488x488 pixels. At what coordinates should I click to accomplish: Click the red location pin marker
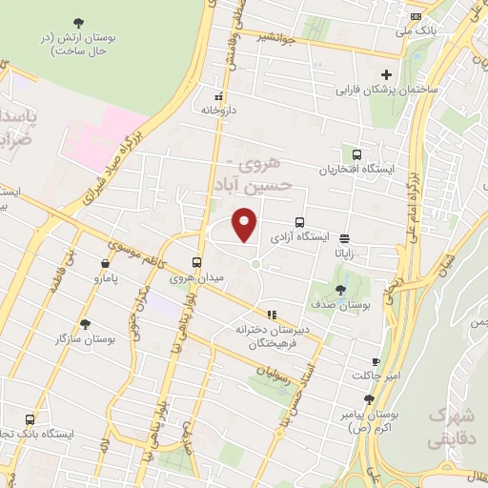(244, 224)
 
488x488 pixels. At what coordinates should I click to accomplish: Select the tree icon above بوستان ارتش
(77, 21)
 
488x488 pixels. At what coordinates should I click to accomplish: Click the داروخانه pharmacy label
(216, 110)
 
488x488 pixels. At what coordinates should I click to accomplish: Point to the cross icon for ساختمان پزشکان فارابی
(386, 75)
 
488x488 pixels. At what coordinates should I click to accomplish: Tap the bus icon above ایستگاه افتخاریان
(356, 154)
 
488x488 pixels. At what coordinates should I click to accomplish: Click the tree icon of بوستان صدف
(341, 290)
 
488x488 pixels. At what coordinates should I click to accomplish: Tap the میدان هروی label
(194, 278)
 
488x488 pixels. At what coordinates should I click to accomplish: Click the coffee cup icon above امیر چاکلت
(376, 361)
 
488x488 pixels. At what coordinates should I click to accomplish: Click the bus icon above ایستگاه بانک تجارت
(30, 418)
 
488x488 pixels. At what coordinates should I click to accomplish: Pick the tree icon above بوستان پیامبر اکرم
(369, 400)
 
